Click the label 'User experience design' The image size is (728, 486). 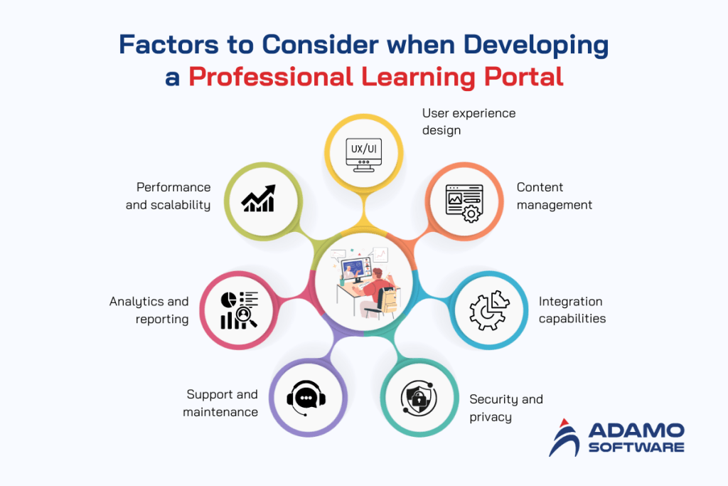point(469,122)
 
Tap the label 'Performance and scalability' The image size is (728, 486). point(173,196)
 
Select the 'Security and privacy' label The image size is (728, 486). point(505,408)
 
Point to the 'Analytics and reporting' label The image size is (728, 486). point(149,310)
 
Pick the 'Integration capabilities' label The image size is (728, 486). point(572,310)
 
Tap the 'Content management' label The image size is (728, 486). point(554,196)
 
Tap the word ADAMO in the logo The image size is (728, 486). point(636,431)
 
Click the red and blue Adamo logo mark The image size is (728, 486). point(567,437)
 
